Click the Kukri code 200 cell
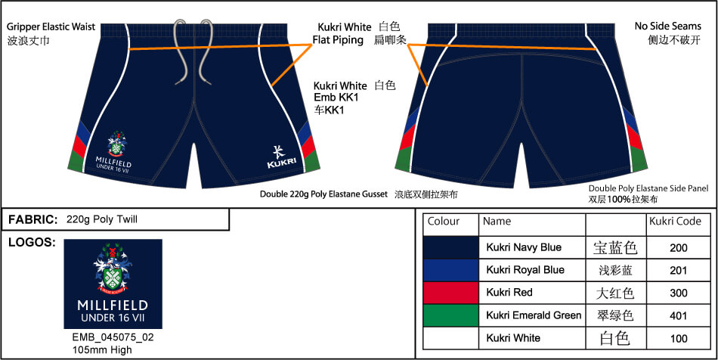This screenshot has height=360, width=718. coord(679,247)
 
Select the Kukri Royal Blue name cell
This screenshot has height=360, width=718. coord(525,270)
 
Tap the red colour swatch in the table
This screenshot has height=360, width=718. coord(450,293)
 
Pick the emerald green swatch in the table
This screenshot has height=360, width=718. coord(450,315)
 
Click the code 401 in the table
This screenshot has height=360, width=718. coord(679,315)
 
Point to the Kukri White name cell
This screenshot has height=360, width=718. coord(513,338)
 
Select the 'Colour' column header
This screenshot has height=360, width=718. coord(444,222)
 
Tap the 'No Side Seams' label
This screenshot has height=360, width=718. coord(668,26)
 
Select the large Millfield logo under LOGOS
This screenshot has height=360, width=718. coord(113,284)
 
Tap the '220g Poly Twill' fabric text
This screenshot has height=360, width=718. coord(102,220)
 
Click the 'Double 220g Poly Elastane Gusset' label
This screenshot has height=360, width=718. coord(323,194)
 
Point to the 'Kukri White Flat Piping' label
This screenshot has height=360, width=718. coord(342,33)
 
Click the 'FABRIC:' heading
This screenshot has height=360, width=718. coord(33,220)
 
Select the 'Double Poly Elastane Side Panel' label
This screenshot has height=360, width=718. coord(648,188)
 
